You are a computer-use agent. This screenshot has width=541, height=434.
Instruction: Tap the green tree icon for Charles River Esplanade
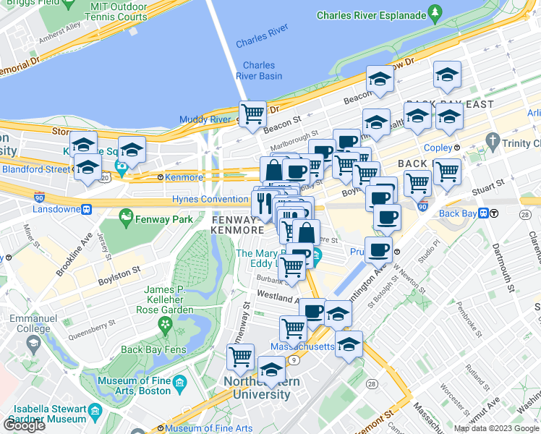click(435, 12)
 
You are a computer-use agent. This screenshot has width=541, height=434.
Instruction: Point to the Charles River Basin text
click(258, 70)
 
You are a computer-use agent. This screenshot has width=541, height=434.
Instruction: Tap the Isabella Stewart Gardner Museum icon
click(95, 415)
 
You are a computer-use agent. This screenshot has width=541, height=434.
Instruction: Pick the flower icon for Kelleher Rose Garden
click(166, 328)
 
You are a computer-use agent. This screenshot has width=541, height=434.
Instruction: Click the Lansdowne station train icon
click(86, 210)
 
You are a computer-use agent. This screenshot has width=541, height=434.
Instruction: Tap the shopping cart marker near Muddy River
click(252, 114)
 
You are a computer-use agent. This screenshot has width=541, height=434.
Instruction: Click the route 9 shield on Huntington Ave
click(294, 359)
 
